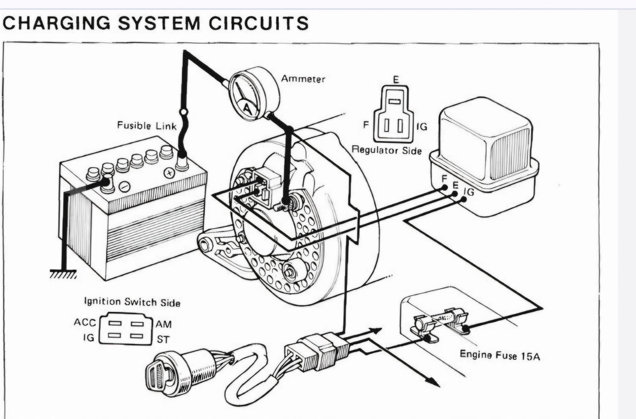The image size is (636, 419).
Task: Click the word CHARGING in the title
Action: coord(56,23)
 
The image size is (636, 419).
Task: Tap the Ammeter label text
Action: coord(303,79)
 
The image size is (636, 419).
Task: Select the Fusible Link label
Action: coord(147,126)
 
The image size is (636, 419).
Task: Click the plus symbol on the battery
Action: coord(169,173)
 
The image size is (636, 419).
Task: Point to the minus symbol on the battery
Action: coord(124,186)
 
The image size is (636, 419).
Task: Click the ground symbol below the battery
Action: coord(63,274)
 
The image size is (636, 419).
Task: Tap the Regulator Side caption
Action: coord(386,150)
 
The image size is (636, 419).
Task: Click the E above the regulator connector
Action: coord(396,80)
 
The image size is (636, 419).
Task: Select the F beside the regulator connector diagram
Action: coord(366,125)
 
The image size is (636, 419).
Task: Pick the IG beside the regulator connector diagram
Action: coord(421,127)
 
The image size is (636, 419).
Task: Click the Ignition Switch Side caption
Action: coord(132,302)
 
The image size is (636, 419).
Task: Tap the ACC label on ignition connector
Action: coord(85,322)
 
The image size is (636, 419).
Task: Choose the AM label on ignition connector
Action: coord(163,324)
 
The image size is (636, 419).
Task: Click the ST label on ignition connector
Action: coord(163,339)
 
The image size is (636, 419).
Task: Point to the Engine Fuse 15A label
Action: coord(500,355)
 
